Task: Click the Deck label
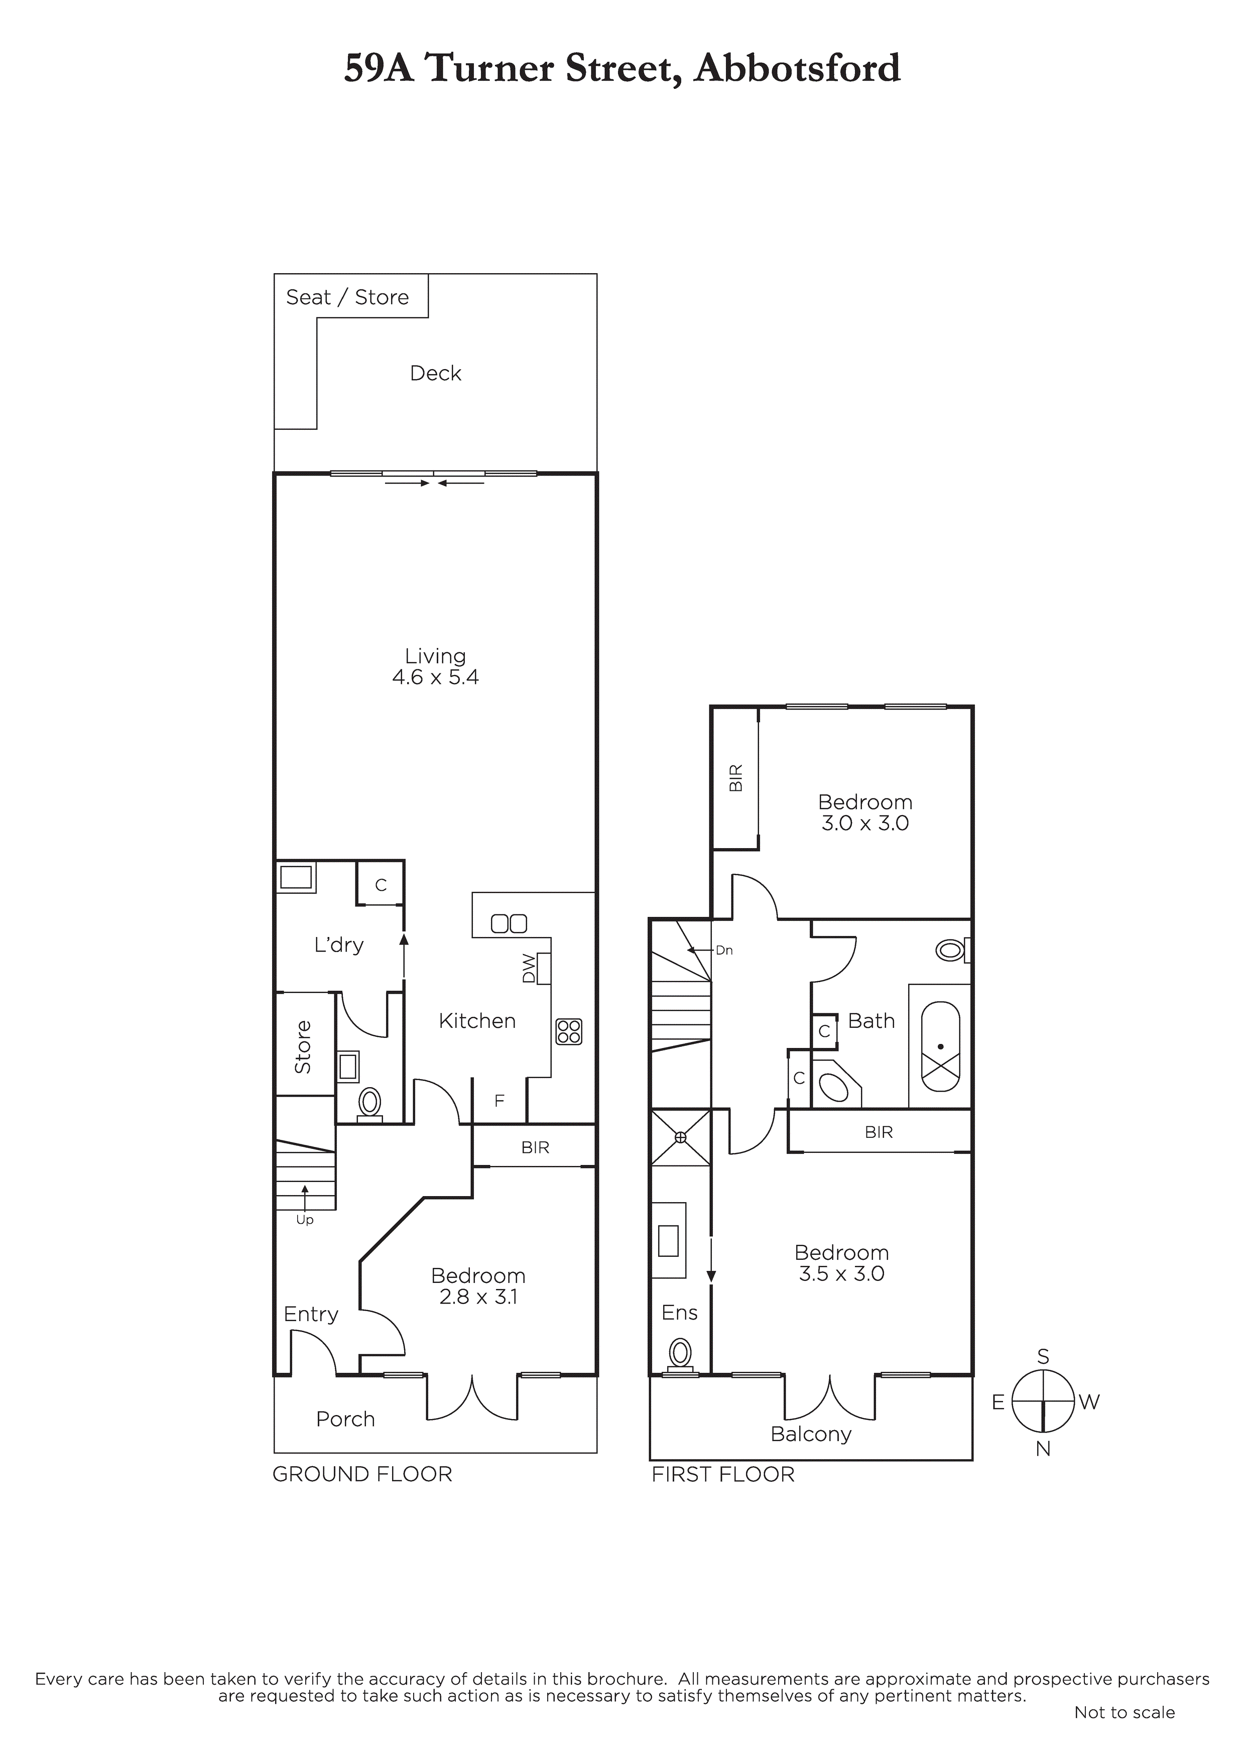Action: point(436,374)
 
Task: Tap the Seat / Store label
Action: point(347,298)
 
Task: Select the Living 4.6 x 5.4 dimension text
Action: point(436,677)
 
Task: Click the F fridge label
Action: point(500,1101)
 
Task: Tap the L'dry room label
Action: point(339,945)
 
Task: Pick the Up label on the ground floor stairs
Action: point(305,1220)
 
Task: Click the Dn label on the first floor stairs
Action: point(724,950)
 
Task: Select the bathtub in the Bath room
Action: point(940,1046)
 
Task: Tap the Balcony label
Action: point(811,1434)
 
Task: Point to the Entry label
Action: point(311,1315)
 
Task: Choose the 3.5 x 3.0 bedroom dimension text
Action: point(842,1274)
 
